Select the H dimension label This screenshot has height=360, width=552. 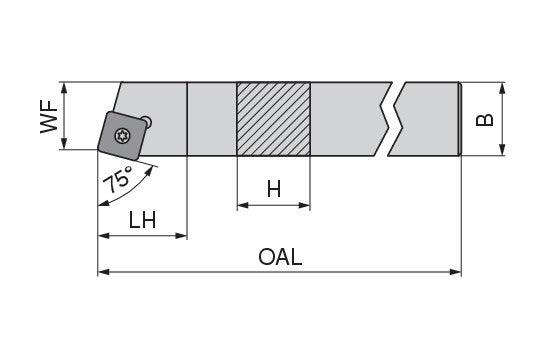coord(273,188)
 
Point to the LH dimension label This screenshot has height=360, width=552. coord(143,219)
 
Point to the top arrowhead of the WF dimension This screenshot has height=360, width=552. coord(64,87)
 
